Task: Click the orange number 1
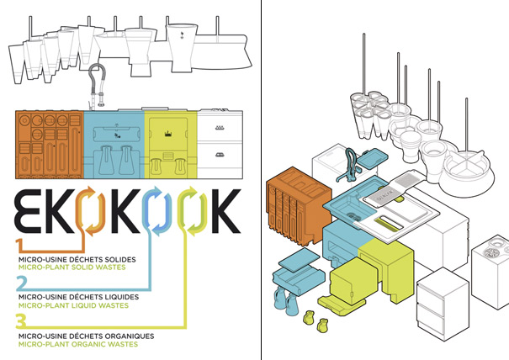pos(19,245)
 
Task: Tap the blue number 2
pos(21,283)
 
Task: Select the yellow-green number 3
pos(21,320)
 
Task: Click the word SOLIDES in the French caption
pos(119,259)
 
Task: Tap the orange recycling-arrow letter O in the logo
pos(90,211)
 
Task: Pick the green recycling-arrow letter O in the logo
pos(194,211)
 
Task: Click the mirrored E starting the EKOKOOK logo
pos(29,211)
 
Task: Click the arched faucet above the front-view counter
pos(97,87)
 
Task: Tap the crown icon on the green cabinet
pos(168,134)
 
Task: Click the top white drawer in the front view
pos(220,127)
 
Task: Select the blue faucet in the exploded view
pos(348,164)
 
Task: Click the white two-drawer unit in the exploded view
pos(443,304)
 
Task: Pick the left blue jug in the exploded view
pos(280,298)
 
